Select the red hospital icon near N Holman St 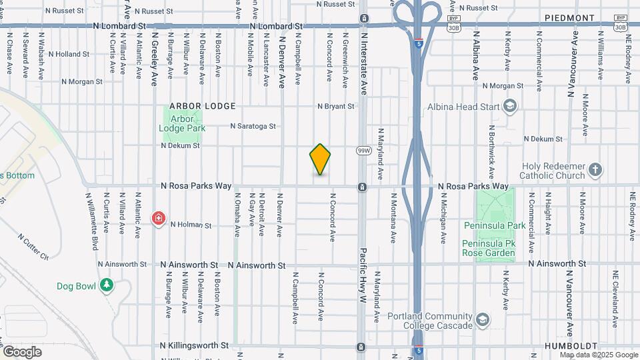(159, 217)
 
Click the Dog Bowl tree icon (106, 285)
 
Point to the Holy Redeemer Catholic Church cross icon (595, 170)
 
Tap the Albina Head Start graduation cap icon (510, 105)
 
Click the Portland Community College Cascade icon (482, 321)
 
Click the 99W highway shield (363, 151)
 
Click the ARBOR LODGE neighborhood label (203, 106)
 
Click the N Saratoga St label (253, 125)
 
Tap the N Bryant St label (335, 106)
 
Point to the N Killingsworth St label (195, 345)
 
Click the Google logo (22, 351)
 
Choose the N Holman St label (191, 225)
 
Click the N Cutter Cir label (33, 247)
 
